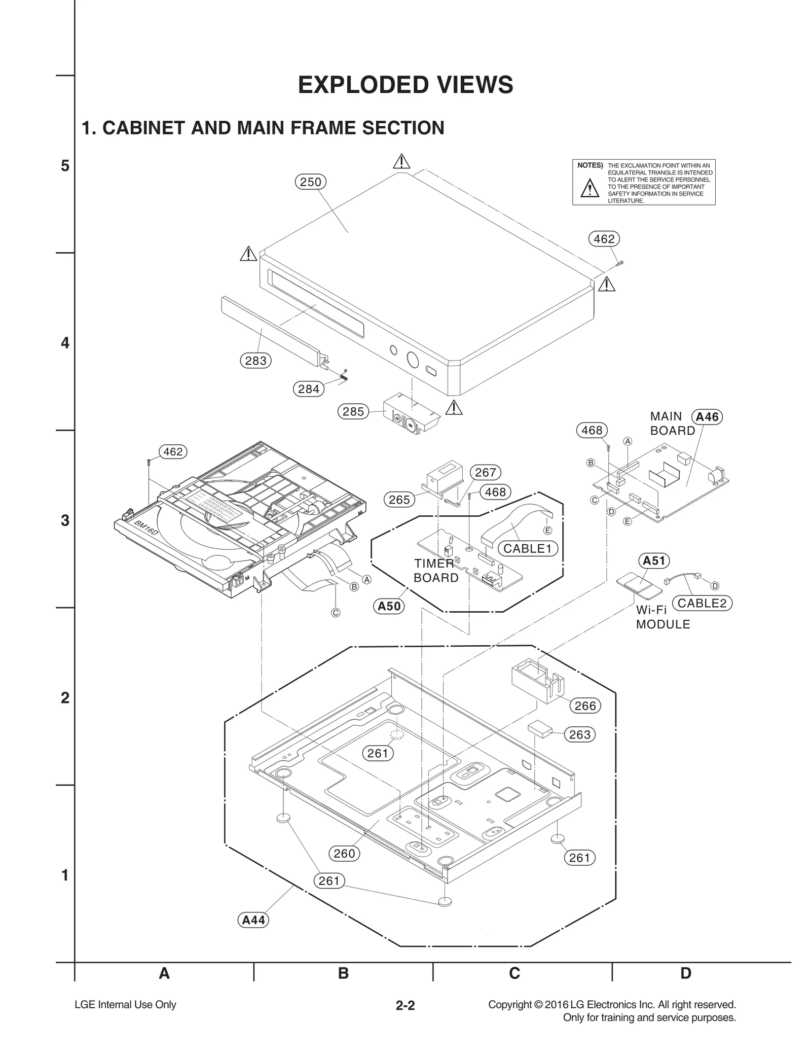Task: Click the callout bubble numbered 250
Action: (310, 182)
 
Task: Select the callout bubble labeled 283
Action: (255, 361)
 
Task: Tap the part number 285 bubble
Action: (353, 411)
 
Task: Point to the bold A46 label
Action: (707, 417)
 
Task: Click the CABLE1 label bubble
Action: (527, 548)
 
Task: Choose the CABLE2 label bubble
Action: (702, 603)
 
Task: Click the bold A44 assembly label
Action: (253, 920)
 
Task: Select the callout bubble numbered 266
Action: (585, 706)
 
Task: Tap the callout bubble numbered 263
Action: (580, 734)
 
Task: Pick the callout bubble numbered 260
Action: (344, 854)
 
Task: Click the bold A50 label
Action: (389, 606)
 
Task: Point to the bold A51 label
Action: (653, 560)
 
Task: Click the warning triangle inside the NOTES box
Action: (589, 189)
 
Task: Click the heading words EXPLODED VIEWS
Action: (405, 85)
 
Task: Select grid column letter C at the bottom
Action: (514, 973)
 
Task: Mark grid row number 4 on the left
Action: (65, 343)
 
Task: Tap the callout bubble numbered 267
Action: (485, 472)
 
